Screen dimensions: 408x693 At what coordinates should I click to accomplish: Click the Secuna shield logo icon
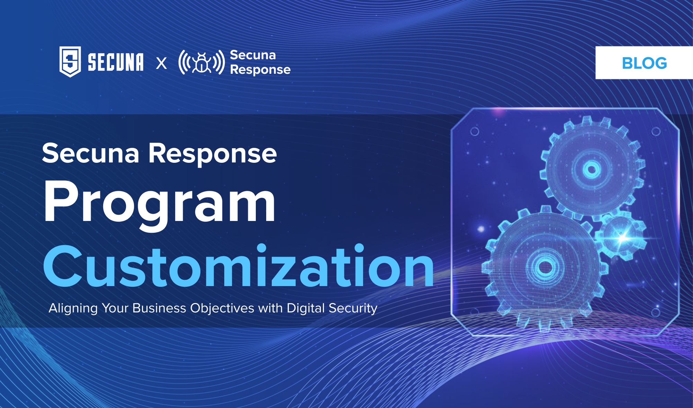click(x=70, y=62)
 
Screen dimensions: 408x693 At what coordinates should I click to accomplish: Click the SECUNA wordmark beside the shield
click(x=115, y=62)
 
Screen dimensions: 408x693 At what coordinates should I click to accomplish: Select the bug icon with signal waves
click(x=201, y=63)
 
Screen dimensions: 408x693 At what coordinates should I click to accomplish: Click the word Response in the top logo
click(x=260, y=70)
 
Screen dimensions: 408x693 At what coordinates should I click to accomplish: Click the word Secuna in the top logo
click(x=253, y=55)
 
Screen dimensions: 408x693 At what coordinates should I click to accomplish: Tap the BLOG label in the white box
click(x=644, y=63)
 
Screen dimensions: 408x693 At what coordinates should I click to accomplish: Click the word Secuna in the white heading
click(x=91, y=153)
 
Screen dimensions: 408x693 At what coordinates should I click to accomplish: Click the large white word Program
click(x=159, y=203)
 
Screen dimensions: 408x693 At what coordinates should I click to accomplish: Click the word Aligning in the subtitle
click(x=73, y=308)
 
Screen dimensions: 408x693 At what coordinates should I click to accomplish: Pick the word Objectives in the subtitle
click(x=222, y=308)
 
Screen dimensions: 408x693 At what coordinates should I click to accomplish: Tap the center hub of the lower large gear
click(x=546, y=267)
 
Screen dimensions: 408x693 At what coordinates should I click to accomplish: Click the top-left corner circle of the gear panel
click(x=475, y=132)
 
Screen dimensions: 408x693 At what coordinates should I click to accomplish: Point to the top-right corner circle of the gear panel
click(x=656, y=132)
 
